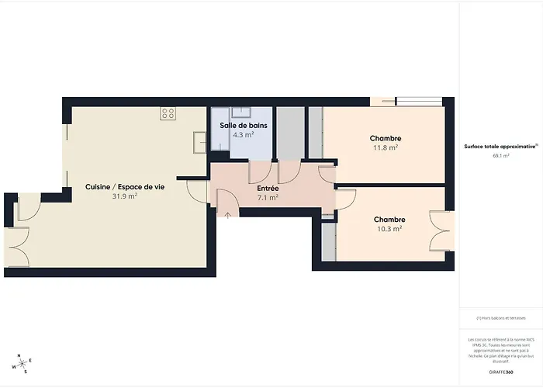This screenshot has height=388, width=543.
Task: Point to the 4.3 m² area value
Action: click(x=244, y=134)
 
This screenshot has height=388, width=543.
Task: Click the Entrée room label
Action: click(x=268, y=188)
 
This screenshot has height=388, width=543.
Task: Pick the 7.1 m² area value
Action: click(x=268, y=197)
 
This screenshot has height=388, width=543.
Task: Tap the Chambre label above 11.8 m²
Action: click(x=386, y=138)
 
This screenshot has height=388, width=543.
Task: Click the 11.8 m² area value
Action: click(x=386, y=147)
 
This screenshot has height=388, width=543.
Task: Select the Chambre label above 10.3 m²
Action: click(x=389, y=220)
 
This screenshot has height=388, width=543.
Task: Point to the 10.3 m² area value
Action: click(x=389, y=229)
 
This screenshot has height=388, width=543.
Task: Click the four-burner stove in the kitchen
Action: click(x=168, y=113)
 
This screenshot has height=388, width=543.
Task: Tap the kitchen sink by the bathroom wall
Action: click(x=199, y=142)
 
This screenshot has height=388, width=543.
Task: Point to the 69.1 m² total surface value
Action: click(x=500, y=155)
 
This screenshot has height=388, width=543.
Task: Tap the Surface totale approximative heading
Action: click(x=500, y=145)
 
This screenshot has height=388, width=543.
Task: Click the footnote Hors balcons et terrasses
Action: click(x=500, y=317)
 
